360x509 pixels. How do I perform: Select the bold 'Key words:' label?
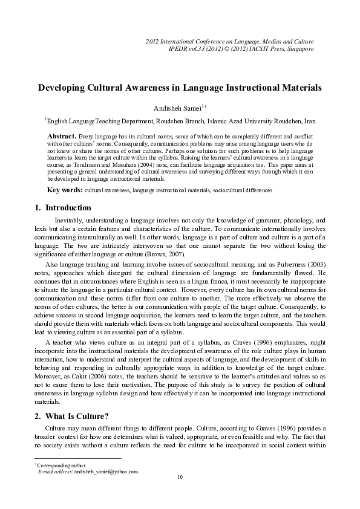point(65,190)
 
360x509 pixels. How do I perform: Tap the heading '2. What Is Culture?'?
point(73,417)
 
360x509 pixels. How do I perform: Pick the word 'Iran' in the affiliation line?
point(309,121)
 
